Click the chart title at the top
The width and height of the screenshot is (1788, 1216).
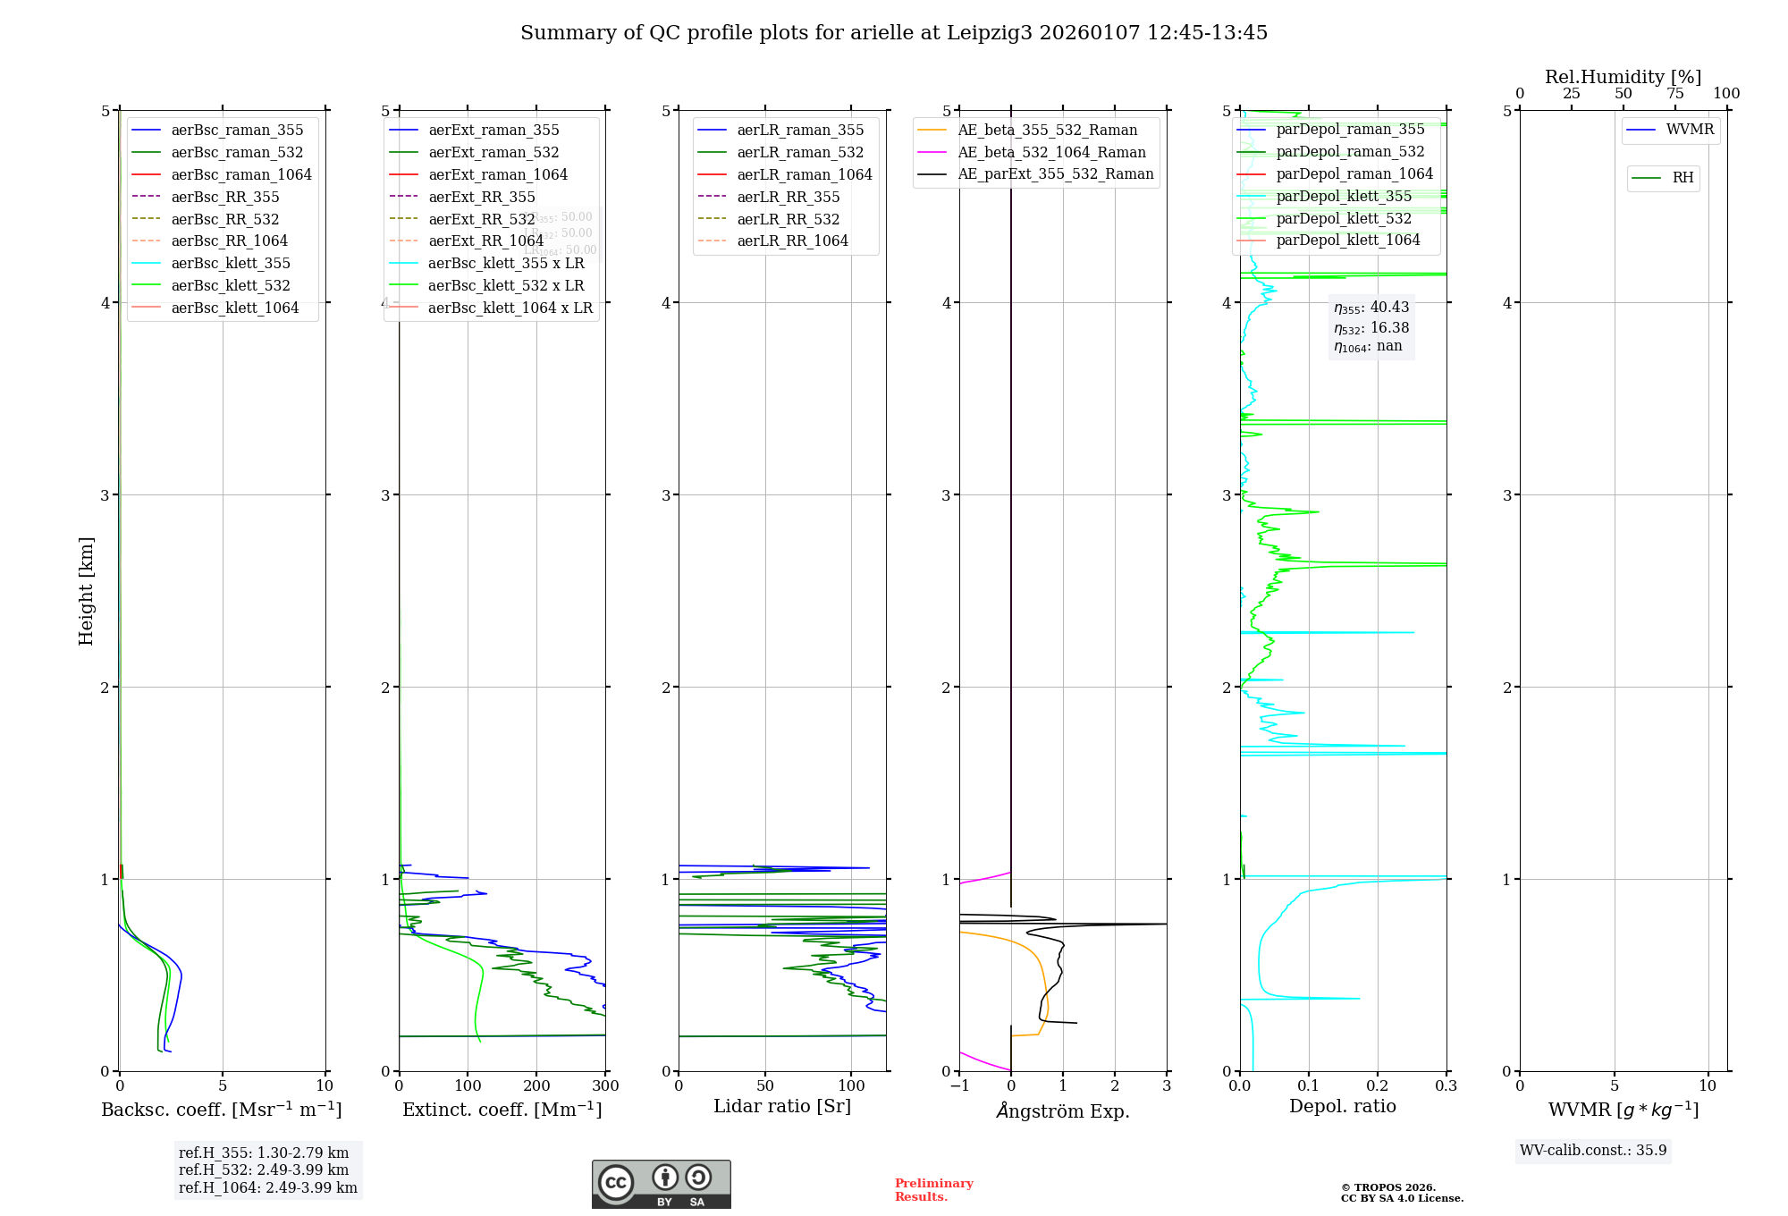click(x=894, y=33)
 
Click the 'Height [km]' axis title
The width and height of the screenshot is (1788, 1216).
click(x=86, y=591)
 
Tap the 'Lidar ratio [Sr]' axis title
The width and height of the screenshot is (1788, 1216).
click(x=782, y=1106)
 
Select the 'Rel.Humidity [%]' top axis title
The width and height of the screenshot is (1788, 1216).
click(x=1623, y=77)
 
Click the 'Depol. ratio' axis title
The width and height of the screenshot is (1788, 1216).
click(x=1342, y=1106)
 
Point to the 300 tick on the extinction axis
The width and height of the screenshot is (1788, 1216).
click(x=605, y=1086)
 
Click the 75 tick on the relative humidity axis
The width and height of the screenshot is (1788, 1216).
click(x=1674, y=94)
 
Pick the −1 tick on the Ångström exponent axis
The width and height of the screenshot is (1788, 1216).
click(x=959, y=1086)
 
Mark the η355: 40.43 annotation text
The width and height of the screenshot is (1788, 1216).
click(x=1371, y=308)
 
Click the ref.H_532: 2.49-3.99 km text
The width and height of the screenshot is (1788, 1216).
click(x=264, y=1170)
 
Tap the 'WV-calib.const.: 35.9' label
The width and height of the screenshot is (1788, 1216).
click(x=1593, y=1150)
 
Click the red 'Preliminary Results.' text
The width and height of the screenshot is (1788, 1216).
click(x=933, y=1190)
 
